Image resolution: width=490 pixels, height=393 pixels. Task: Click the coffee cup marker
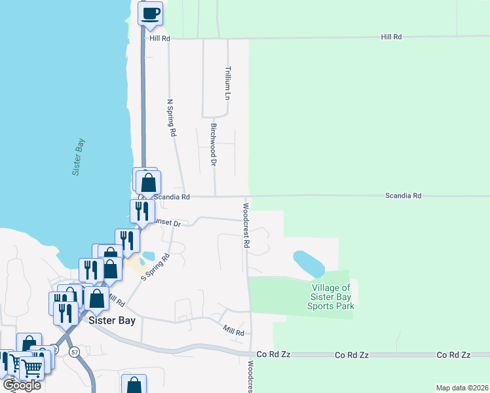pyautogui.click(x=150, y=12)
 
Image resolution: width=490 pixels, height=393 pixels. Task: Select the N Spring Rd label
pyautogui.click(x=172, y=117)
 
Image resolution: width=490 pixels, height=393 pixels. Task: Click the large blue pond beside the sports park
pyautogui.click(x=309, y=263)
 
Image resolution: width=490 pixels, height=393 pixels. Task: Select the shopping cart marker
pyautogui.click(x=31, y=368)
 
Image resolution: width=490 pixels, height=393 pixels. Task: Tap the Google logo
pyautogui.click(x=21, y=384)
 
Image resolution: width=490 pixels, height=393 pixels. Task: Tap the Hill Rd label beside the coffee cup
pyautogui.click(x=159, y=39)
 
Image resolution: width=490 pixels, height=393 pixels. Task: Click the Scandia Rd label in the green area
pyautogui.click(x=403, y=196)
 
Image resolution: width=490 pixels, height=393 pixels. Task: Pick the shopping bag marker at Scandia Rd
pyautogui.click(x=149, y=181)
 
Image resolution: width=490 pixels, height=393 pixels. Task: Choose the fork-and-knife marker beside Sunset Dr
pyautogui.click(x=140, y=211)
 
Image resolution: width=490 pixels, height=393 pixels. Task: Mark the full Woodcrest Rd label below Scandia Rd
pyautogui.click(x=246, y=225)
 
